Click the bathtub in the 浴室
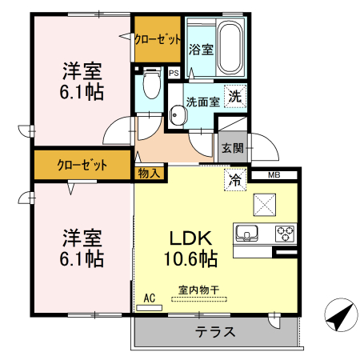[231, 48]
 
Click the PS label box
[174, 74]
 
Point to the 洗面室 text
[203, 102]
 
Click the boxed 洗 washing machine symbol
[234, 96]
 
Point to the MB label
[274, 175]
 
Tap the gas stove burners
[284, 234]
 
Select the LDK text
[189, 238]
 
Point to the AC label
[149, 298]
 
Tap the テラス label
[215, 332]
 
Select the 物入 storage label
[149, 172]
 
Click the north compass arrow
[338, 317]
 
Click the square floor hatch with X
[264, 203]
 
